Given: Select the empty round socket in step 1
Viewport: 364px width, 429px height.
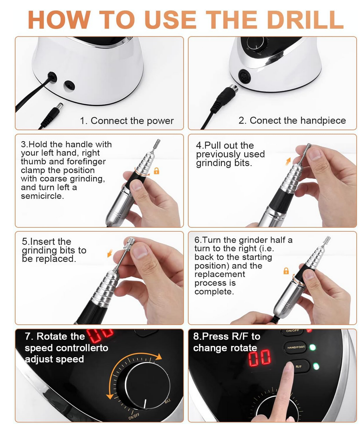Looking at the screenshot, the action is (69, 86).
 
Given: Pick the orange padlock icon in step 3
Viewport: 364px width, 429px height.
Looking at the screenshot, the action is (156, 171).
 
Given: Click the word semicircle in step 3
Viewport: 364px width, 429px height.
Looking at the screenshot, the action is (42, 196).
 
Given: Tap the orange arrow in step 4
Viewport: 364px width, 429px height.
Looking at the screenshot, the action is (288, 162).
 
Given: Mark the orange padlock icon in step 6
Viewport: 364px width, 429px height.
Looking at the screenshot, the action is (286, 271).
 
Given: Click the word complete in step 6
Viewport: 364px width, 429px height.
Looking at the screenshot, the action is (214, 291).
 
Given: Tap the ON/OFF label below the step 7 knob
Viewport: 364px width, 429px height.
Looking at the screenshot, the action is (134, 417).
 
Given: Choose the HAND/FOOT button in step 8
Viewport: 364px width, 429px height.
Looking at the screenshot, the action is (296, 347).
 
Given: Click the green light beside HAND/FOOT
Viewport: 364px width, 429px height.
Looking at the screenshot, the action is (312, 348).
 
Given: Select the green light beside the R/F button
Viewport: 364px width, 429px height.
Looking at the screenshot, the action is (316, 366).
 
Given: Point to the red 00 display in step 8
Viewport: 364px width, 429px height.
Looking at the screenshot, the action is (260, 358).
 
